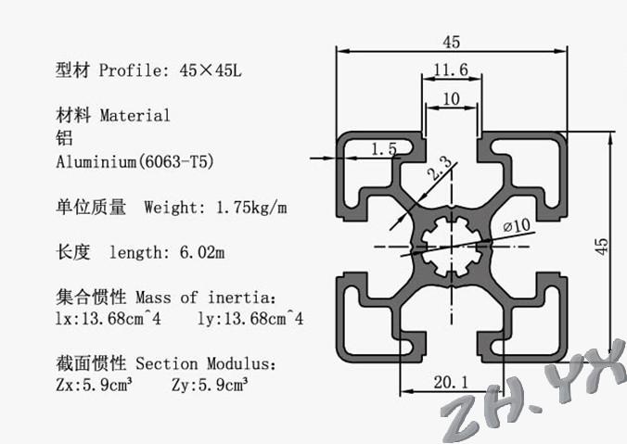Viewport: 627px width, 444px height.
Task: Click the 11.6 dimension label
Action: [x=451, y=70]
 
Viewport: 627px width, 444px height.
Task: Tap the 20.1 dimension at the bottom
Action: [x=451, y=383]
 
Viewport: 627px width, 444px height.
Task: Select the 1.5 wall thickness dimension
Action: [x=384, y=149]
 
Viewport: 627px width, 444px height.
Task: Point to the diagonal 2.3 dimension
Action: [x=440, y=168]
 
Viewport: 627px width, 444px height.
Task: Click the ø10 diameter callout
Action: [x=517, y=226]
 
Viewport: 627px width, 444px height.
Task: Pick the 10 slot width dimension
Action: [x=451, y=98]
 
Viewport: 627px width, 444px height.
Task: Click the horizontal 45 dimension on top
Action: [x=452, y=42]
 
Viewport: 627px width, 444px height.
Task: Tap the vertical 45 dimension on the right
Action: [x=601, y=247]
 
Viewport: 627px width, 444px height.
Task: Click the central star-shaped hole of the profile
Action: [x=452, y=247]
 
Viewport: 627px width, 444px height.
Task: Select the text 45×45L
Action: [x=211, y=70]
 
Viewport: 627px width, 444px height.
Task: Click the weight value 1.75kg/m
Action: [x=251, y=208]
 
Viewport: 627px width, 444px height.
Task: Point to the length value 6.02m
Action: [x=202, y=252]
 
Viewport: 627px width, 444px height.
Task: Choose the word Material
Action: [x=134, y=116]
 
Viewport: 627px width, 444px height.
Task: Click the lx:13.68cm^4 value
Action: [x=109, y=319]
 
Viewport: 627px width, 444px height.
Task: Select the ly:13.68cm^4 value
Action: [x=250, y=319]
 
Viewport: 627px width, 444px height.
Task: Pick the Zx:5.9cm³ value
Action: [x=95, y=385]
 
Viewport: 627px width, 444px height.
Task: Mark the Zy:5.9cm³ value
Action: [x=210, y=385]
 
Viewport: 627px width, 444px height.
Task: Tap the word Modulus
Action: [x=241, y=363]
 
